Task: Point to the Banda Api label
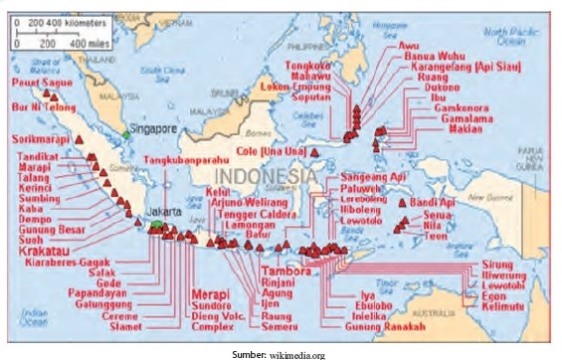[x=437, y=204]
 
